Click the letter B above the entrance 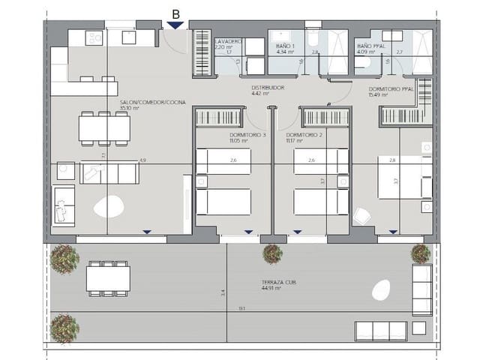175,13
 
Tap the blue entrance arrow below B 175,25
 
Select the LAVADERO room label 227,41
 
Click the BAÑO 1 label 283,46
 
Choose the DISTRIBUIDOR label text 267,88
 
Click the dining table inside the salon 104,127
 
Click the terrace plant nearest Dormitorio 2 272,254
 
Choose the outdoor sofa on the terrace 380,330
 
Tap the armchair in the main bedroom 363,215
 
